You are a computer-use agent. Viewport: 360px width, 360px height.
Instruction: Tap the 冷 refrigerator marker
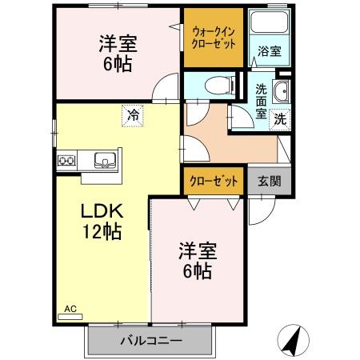[133, 115]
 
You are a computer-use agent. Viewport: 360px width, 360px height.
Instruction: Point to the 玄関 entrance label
[270, 181]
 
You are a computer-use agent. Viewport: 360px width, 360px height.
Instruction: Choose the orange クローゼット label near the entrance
[214, 181]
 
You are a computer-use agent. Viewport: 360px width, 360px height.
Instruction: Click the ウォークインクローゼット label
[213, 38]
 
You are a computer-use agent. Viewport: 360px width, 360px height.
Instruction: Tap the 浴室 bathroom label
[269, 52]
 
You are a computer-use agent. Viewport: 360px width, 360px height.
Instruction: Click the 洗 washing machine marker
[280, 118]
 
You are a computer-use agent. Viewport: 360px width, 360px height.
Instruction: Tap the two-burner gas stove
[66, 161]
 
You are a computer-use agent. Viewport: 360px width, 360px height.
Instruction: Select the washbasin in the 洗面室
[281, 92]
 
